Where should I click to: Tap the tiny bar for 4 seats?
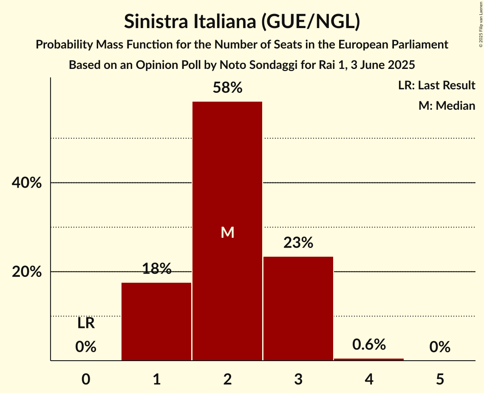click(x=369, y=359)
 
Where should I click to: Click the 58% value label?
click(x=227, y=88)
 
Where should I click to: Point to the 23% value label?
click(x=298, y=243)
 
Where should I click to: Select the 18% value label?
click(x=156, y=269)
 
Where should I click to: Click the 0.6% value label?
click(x=369, y=345)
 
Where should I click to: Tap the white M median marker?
click(x=227, y=232)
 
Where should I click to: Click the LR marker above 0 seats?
click(x=86, y=323)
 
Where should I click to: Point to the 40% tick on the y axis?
click(x=26, y=183)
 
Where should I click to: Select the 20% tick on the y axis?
click(x=26, y=272)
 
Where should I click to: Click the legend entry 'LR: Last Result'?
click(x=436, y=85)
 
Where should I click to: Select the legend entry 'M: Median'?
click(x=447, y=105)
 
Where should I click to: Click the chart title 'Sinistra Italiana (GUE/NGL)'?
click(x=242, y=22)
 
